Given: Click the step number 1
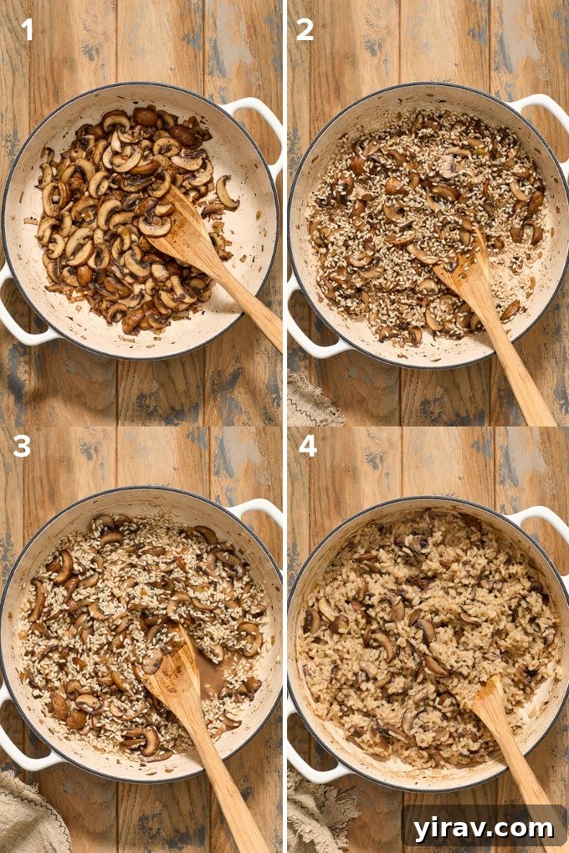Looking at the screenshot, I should tap(27, 30).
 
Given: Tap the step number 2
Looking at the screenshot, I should tap(305, 30).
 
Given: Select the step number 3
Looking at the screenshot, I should tap(22, 447).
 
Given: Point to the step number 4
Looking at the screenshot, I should tap(307, 447).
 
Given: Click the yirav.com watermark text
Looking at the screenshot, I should tap(484, 828).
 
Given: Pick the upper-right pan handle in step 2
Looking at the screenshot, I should tap(544, 113).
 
